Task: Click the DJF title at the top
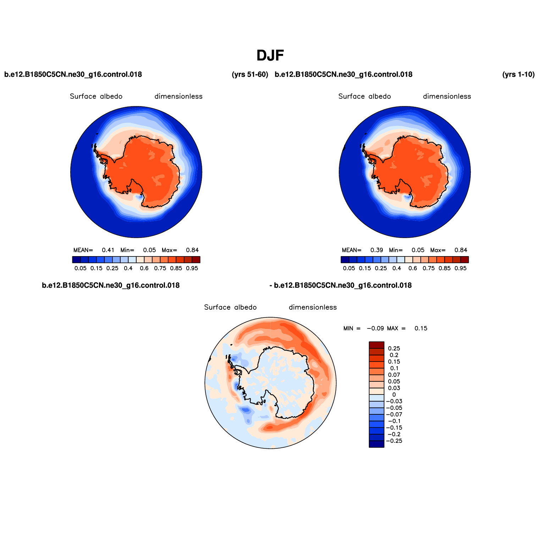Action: (x=270, y=56)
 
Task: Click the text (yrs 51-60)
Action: (x=250, y=74)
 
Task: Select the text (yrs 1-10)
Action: (x=518, y=74)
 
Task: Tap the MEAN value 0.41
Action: (x=108, y=250)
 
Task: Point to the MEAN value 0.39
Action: (x=377, y=250)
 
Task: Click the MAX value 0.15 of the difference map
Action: (x=421, y=329)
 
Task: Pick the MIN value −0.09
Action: (x=375, y=329)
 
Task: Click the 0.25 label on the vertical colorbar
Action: (x=394, y=348)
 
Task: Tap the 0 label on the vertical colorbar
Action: (x=394, y=394)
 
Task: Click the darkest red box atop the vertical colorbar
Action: (x=376, y=345)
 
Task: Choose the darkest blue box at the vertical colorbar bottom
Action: (x=376, y=444)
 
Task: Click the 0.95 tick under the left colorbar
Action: (x=192, y=269)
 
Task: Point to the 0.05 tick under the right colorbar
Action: (x=349, y=269)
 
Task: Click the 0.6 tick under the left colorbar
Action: (x=144, y=269)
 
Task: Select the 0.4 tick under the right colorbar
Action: (x=397, y=269)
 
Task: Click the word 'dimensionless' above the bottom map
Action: (x=313, y=307)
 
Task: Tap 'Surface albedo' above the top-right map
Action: (x=365, y=96)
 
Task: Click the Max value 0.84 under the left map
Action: (x=192, y=250)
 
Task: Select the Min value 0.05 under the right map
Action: (x=418, y=250)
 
